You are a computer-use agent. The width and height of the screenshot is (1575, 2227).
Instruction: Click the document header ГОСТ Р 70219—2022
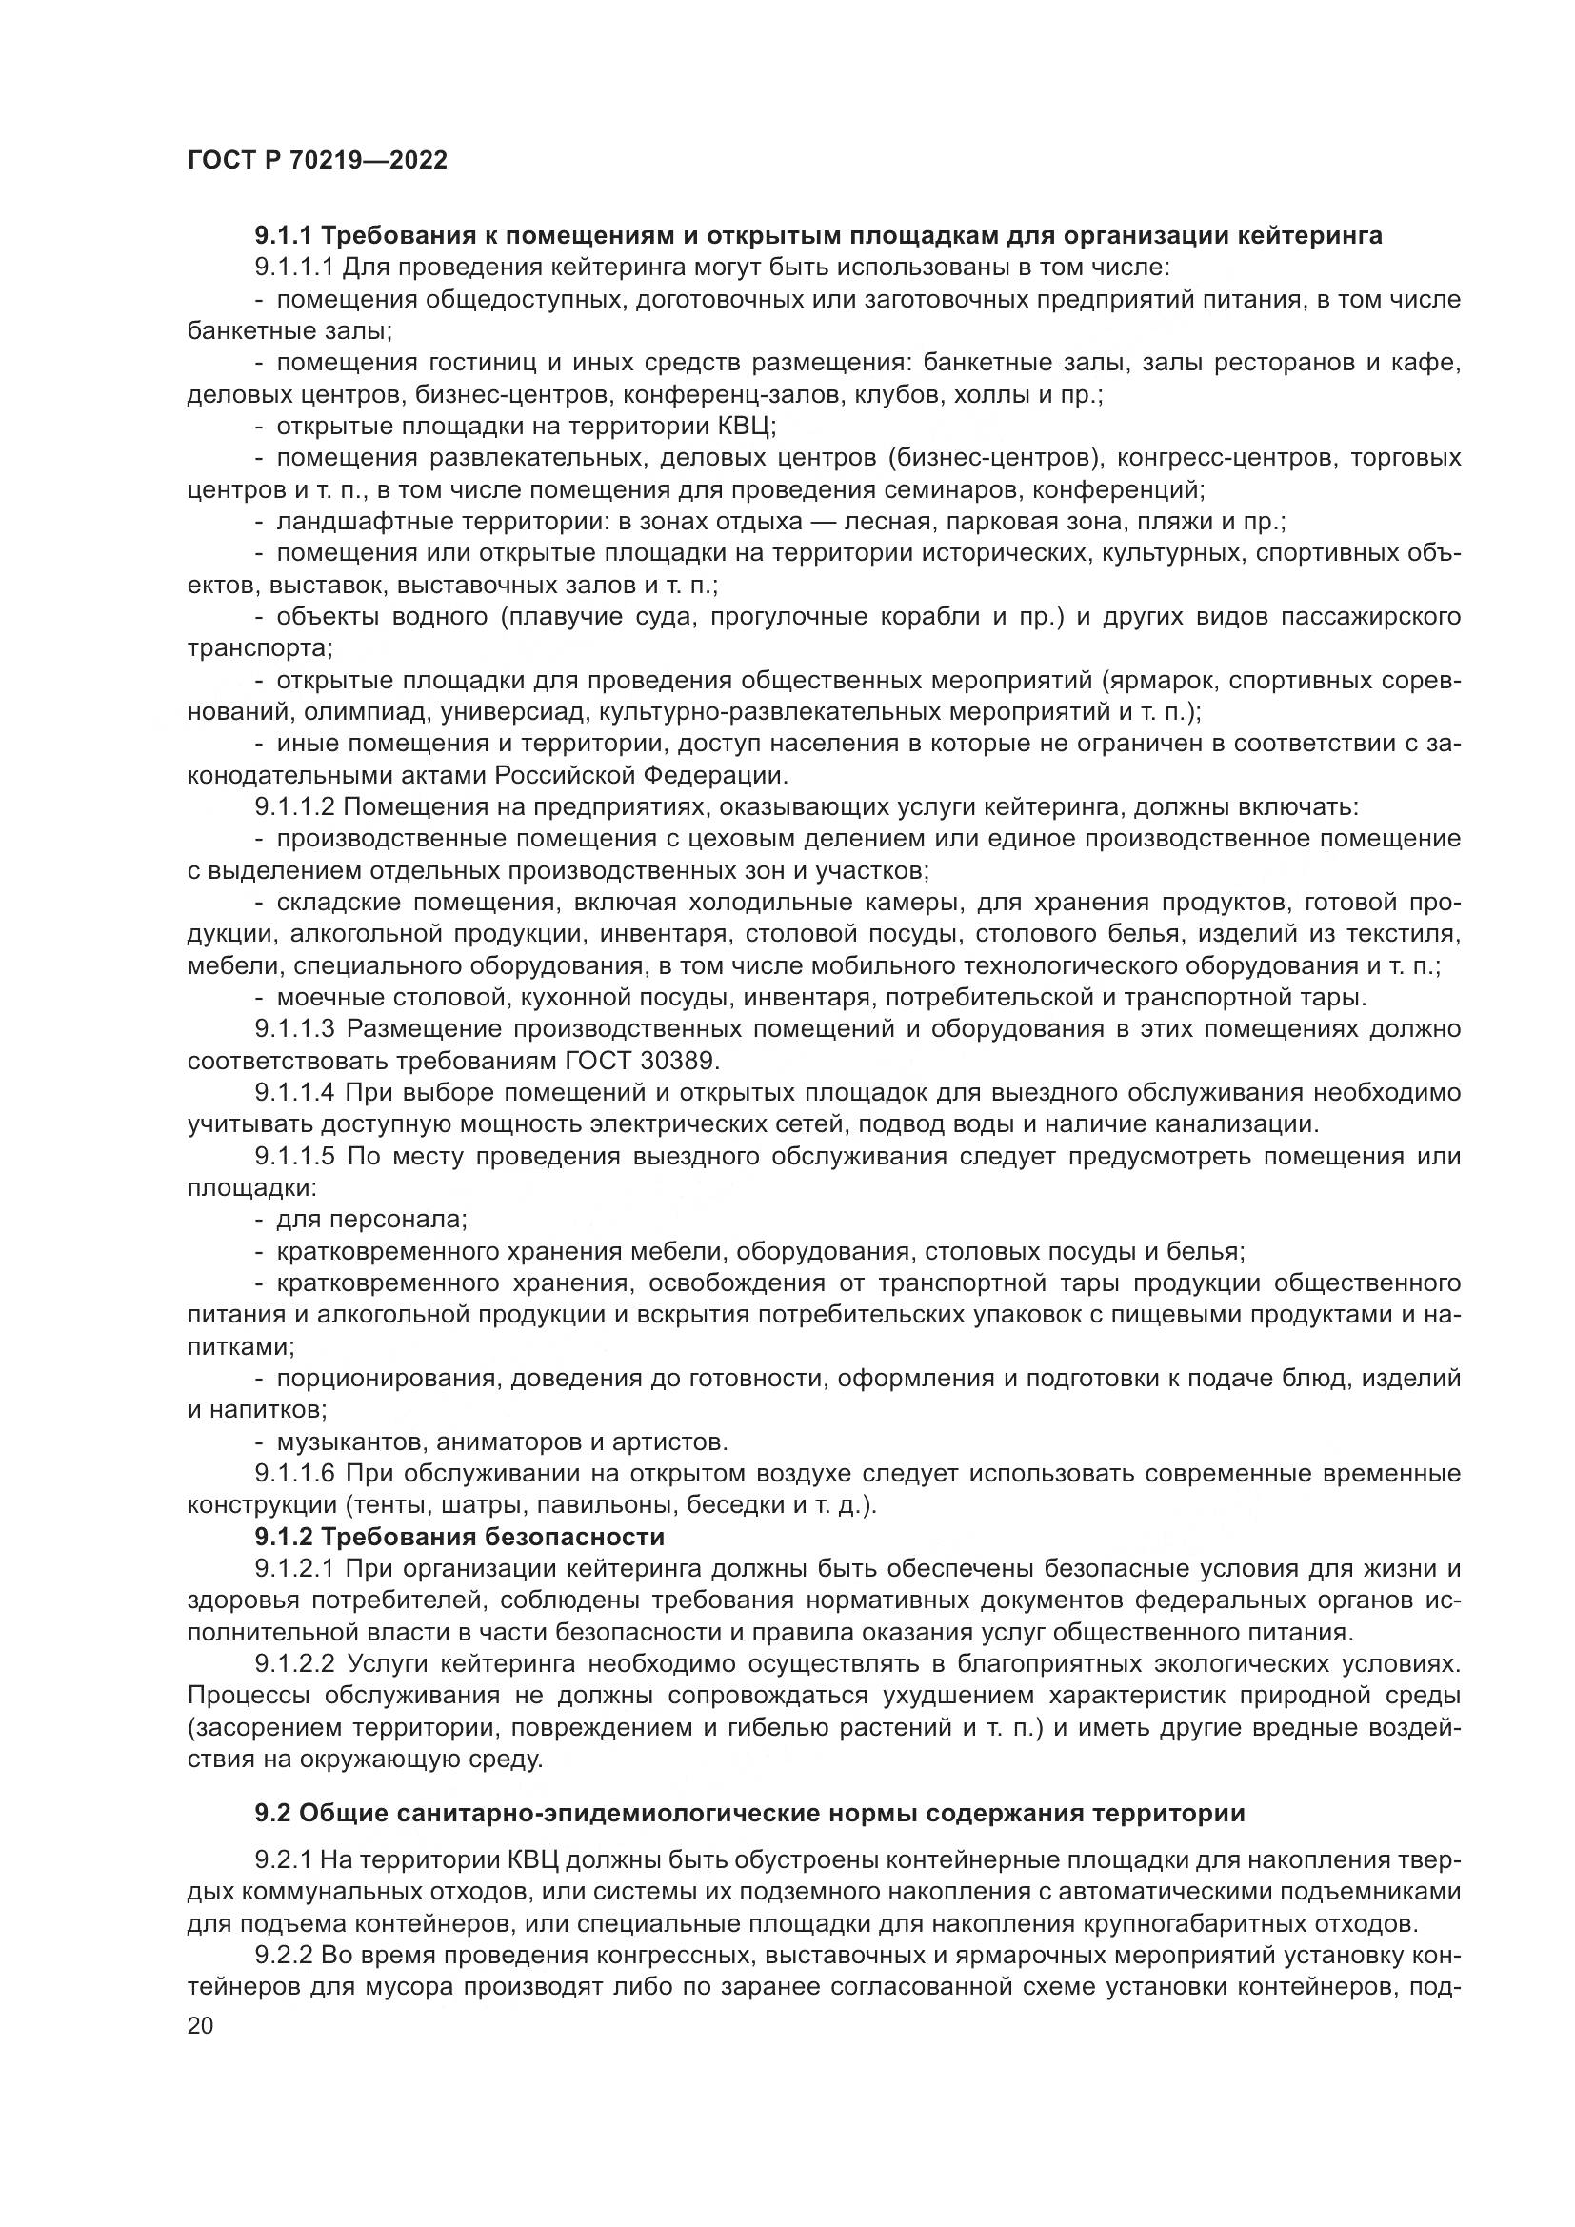point(317,160)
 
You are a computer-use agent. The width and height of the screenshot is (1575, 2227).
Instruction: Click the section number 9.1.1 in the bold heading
point(283,236)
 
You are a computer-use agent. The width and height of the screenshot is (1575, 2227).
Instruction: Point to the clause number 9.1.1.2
point(294,807)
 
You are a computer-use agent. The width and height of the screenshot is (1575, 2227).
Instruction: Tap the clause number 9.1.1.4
point(295,1092)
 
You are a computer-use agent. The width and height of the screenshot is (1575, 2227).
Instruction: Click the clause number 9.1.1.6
point(295,1473)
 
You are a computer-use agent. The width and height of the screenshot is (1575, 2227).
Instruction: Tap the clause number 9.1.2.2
point(295,1663)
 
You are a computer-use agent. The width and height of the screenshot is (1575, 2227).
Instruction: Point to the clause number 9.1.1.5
point(295,1156)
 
